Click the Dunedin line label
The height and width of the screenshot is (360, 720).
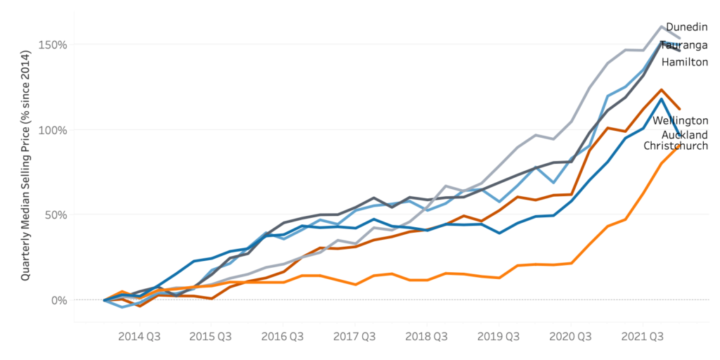point(687,27)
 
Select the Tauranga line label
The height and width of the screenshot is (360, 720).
point(684,46)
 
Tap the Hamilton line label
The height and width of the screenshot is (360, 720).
point(685,62)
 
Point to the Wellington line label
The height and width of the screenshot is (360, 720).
point(681,121)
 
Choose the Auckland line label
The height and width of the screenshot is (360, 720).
point(685,134)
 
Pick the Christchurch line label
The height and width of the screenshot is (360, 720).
point(676,146)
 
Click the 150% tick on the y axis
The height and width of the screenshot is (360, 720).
point(56,45)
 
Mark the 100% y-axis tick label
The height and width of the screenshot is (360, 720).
point(56,130)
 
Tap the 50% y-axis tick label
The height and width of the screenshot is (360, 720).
point(58,215)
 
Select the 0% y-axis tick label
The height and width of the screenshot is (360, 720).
point(61,300)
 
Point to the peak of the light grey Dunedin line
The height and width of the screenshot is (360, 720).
point(661,27)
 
